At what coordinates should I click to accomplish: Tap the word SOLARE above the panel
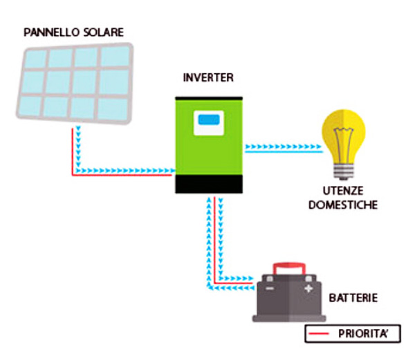pyautogui.click(x=103, y=32)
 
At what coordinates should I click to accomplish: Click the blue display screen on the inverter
pyautogui.click(x=207, y=120)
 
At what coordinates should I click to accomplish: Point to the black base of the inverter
pyautogui.click(x=208, y=184)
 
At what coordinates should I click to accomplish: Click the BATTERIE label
pyautogui.click(x=353, y=298)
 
